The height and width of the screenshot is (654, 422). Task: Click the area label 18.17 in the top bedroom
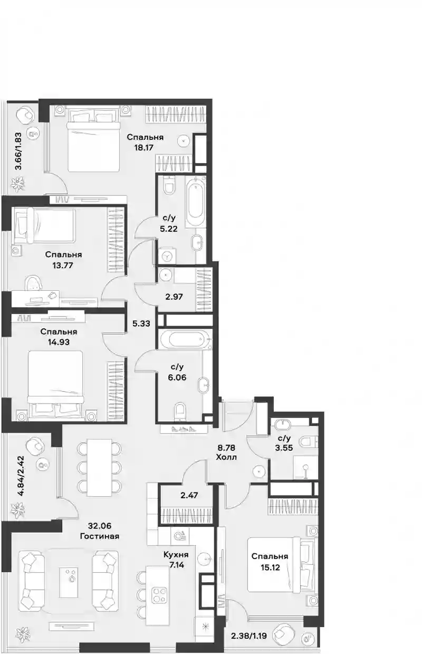(143, 147)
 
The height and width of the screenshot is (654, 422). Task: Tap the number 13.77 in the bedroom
(63, 266)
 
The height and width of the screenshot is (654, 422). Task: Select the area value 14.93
(59, 342)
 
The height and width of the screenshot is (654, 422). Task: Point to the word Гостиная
(99, 536)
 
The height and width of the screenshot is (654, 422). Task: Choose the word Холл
(226, 457)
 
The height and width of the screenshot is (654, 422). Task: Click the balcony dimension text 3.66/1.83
(18, 151)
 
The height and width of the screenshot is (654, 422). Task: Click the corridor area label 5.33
(141, 323)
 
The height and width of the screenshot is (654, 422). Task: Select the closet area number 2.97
(174, 297)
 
